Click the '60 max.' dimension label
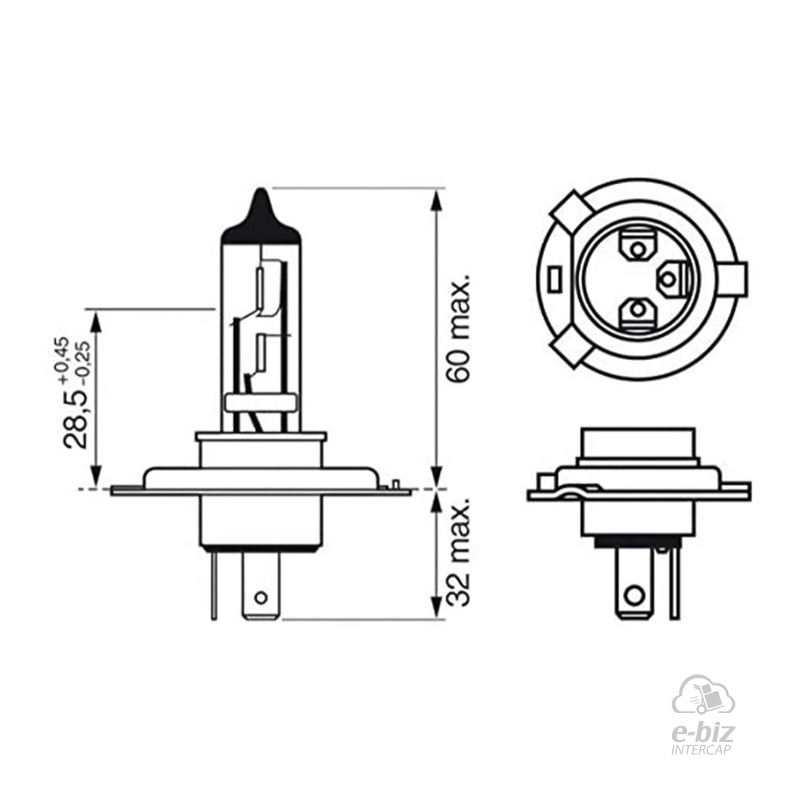click(x=458, y=331)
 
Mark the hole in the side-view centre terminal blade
click(x=261, y=597)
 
